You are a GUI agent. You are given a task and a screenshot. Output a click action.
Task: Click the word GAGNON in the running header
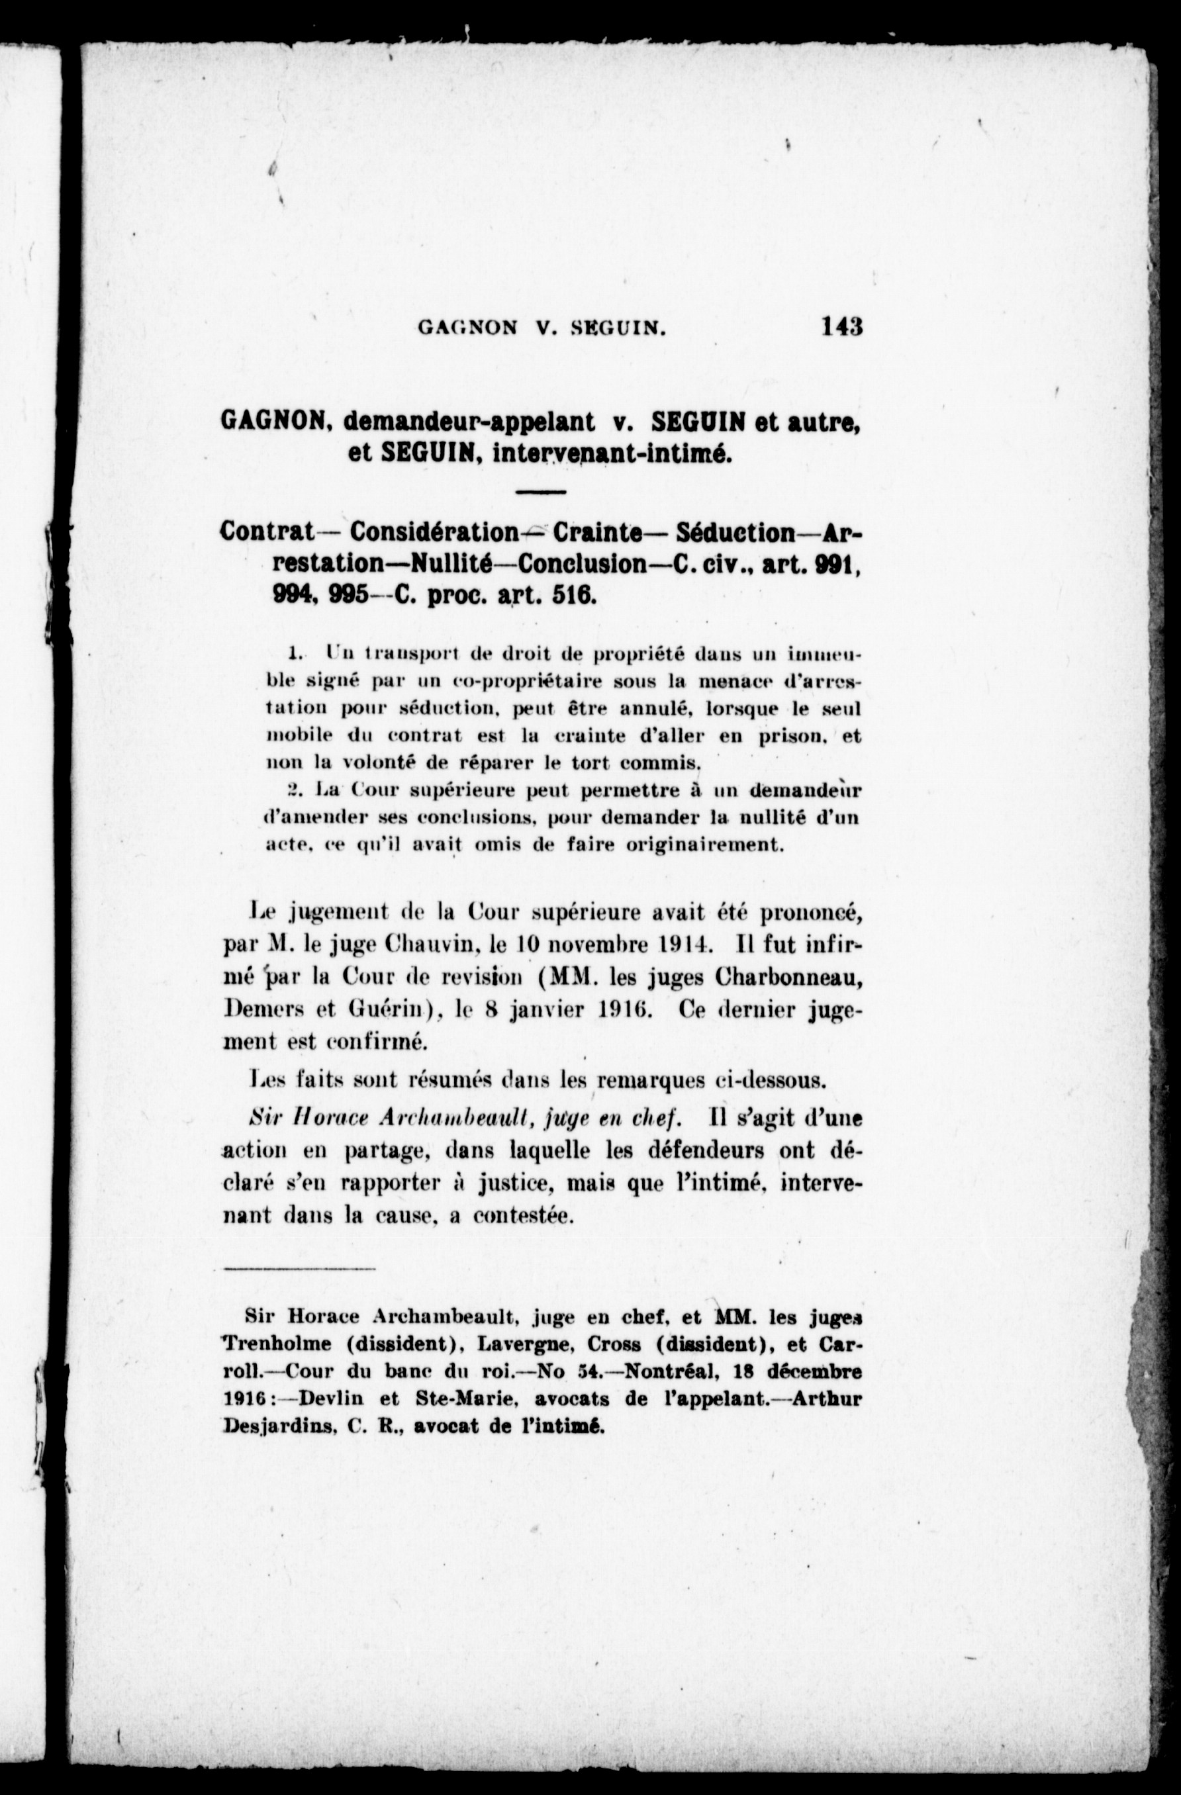pyautogui.click(x=467, y=328)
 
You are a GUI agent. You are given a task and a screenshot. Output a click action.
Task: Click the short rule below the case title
pyautogui.click(x=541, y=492)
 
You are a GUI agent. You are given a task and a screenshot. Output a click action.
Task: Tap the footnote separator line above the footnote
pyautogui.click(x=299, y=1270)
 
